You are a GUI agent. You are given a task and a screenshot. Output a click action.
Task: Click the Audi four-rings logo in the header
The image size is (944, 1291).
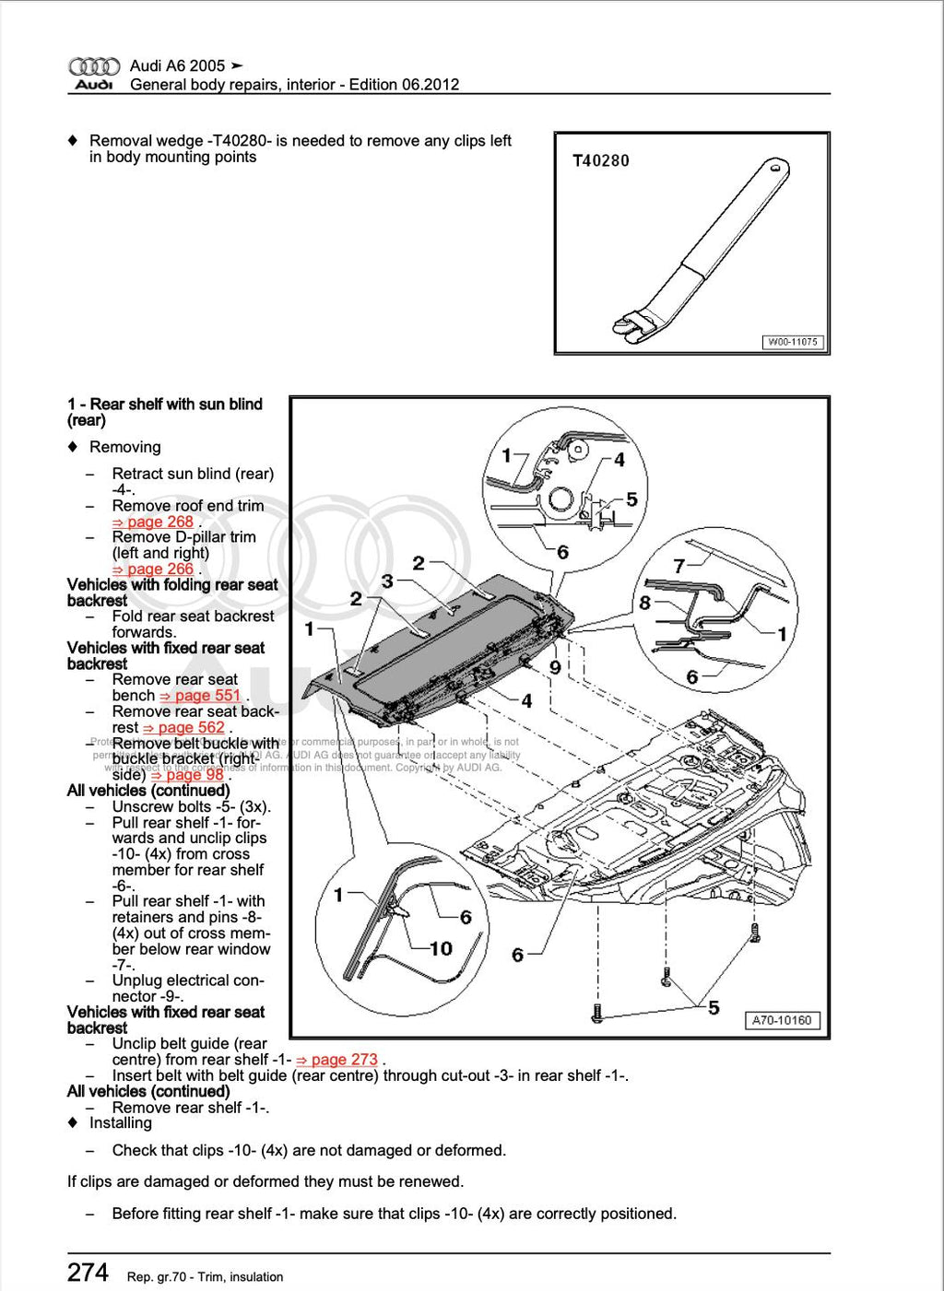pyautogui.click(x=94, y=66)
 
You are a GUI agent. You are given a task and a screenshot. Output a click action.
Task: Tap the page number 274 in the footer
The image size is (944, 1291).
pyautogui.click(x=88, y=1273)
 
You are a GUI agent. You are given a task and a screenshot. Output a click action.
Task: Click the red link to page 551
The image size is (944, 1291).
pyautogui.click(x=200, y=696)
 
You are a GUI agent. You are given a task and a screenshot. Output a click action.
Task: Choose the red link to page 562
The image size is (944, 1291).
pyautogui.click(x=183, y=728)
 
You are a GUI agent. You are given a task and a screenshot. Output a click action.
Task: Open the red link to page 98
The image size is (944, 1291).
pyautogui.click(x=188, y=775)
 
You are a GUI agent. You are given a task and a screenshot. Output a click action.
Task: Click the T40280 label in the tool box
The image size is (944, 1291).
pyautogui.click(x=601, y=160)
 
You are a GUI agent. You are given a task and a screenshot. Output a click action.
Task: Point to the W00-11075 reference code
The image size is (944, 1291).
pyautogui.click(x=792, y=342)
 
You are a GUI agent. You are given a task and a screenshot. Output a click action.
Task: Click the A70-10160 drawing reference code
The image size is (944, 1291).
pyautogui.click(x=781, y=1020)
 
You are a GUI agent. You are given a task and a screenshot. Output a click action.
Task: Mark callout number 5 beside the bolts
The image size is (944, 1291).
pyautogui.click(x=714, y=1007)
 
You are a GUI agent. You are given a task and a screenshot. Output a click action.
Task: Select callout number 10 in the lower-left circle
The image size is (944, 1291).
pyautogui.click(x=441, y=948)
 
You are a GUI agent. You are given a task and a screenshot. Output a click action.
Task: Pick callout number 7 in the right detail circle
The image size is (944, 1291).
pyautogui.click(x=678, y=566)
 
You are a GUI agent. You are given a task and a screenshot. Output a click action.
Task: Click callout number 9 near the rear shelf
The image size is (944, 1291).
pyautogui.click(x=555, y=667)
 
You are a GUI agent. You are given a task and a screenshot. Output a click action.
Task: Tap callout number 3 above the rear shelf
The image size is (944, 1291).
pyautogui.click(x=387, y=581)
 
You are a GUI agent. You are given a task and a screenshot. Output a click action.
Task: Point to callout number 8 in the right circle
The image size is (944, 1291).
pyautogui.click(x=644, y=603)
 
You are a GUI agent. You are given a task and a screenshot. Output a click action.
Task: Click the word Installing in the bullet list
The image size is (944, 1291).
pyautogui.click(x=121, y=1123)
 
